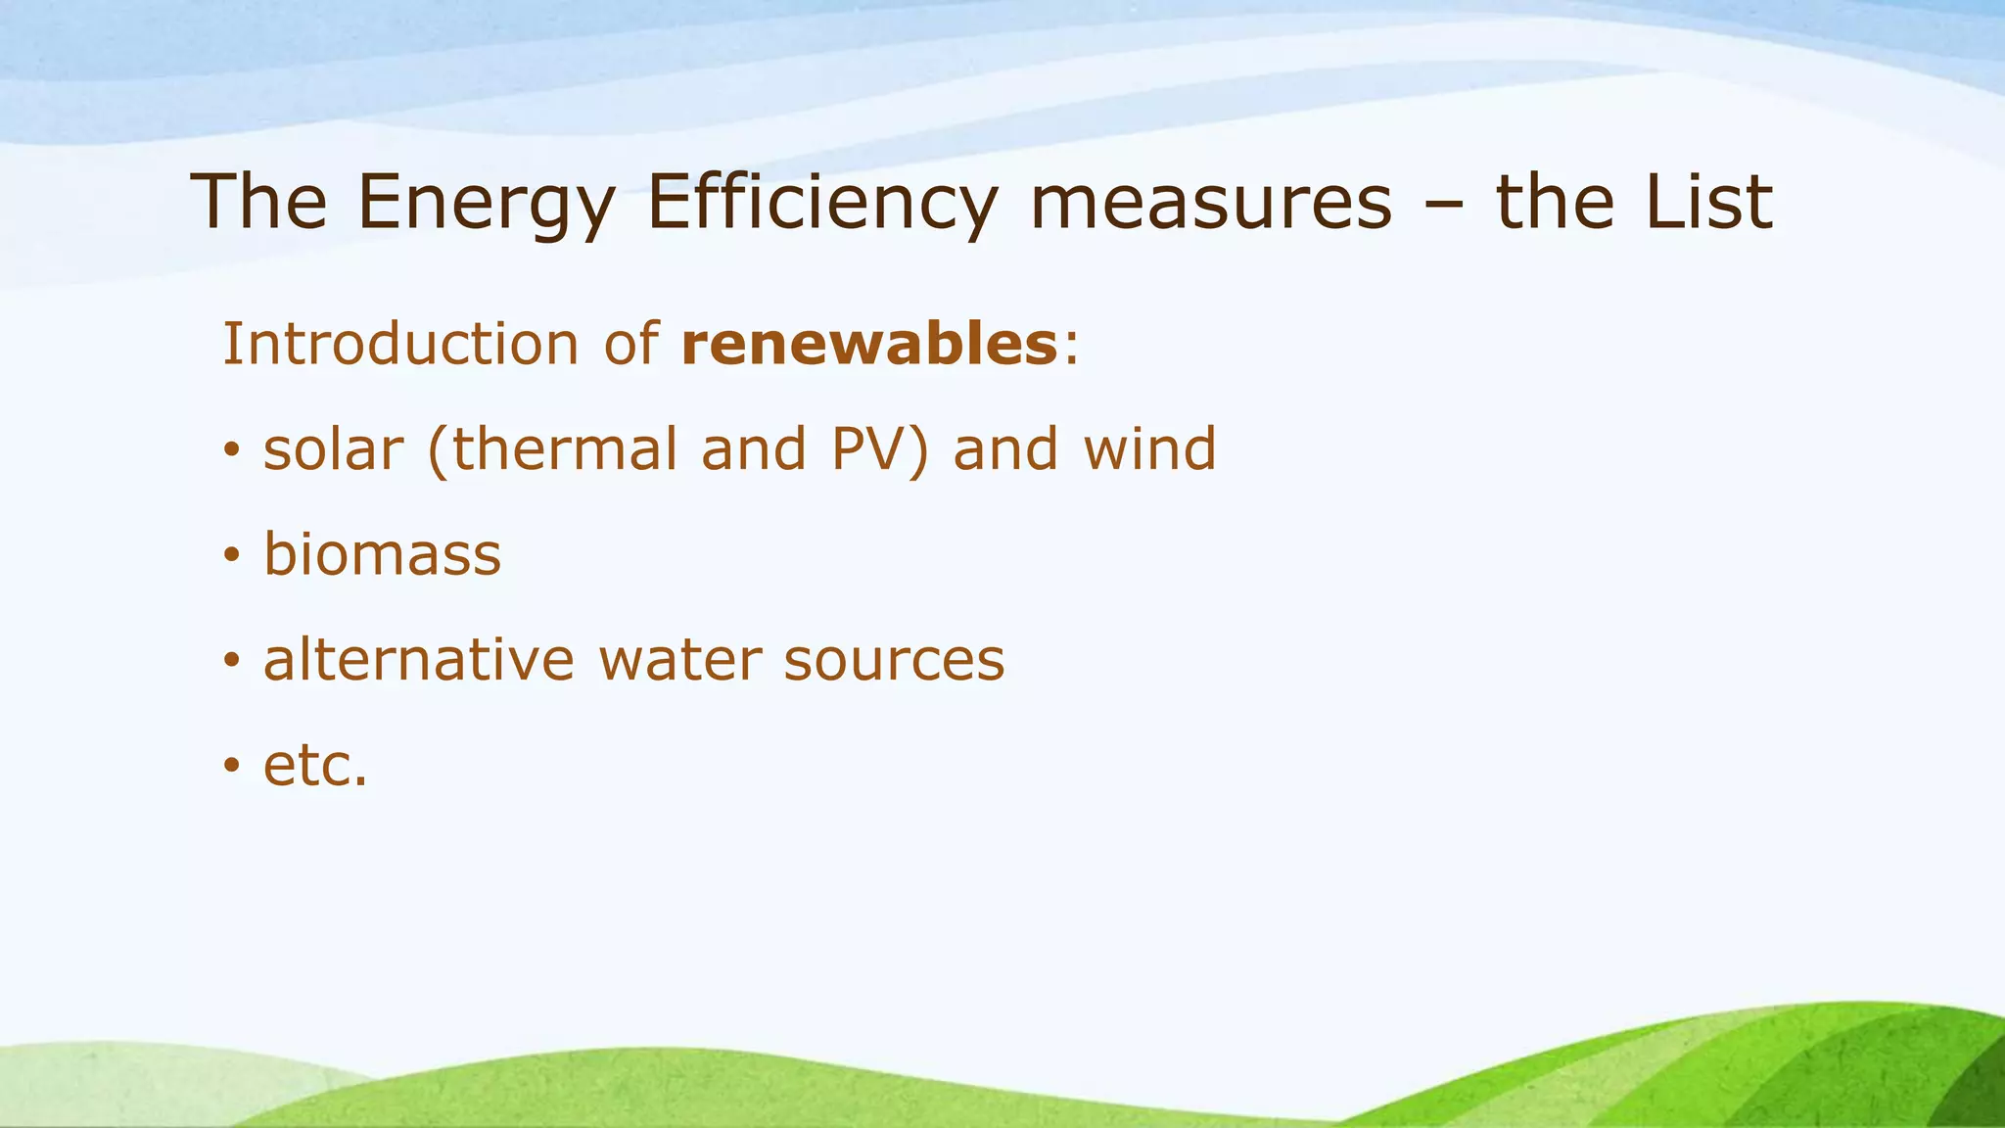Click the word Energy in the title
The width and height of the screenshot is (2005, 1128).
486,203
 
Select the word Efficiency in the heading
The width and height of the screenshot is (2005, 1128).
821,203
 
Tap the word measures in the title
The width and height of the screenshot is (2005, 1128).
1211,203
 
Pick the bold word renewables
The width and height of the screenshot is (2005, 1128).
869,345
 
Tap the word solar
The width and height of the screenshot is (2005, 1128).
333,449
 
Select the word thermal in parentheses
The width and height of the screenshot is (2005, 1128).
563,449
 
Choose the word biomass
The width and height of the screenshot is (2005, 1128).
382,554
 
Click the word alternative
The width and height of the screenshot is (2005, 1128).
418,660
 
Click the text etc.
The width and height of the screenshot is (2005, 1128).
315,766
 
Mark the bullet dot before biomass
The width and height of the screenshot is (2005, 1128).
231,556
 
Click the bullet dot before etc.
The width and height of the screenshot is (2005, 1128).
231,766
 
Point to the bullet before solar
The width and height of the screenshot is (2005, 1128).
231,451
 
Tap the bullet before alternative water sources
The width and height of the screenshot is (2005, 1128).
231,661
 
